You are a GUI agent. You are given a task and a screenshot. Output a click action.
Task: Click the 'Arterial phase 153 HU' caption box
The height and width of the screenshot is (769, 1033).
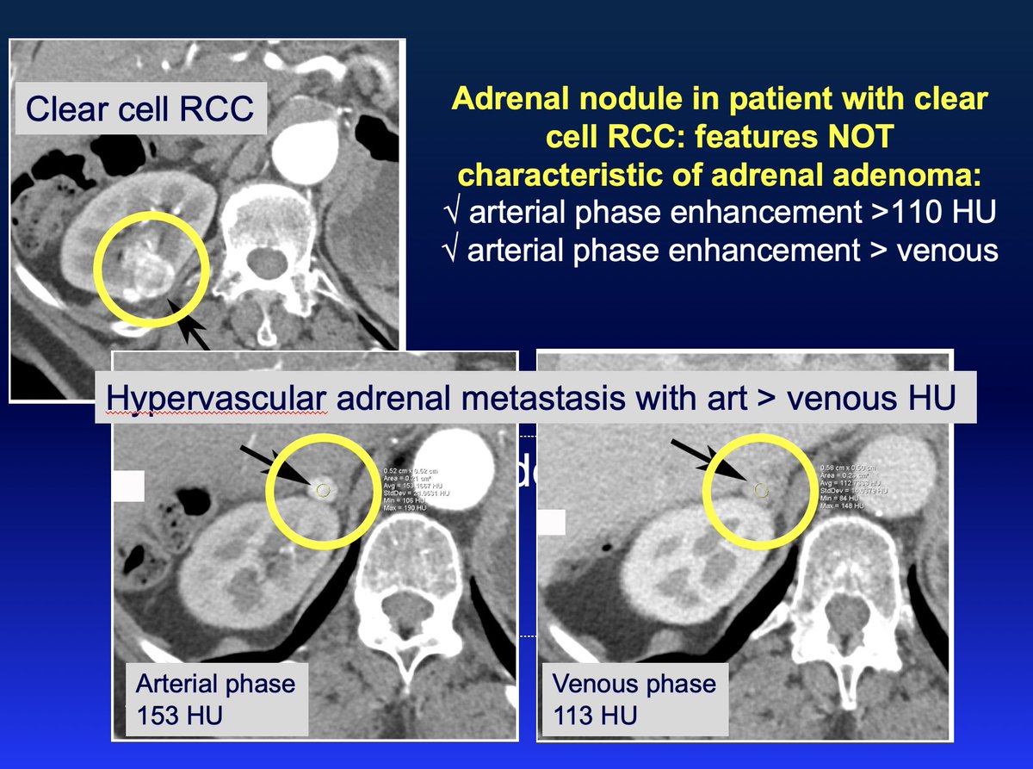pos(215,698)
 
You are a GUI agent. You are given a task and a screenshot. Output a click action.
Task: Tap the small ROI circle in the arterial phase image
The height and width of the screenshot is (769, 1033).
pos(323,490)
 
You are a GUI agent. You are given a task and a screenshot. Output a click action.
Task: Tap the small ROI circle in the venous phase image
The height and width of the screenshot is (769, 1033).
pos(760,490)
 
